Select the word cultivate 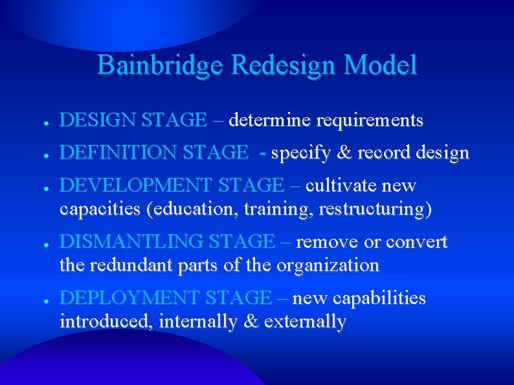[x=341, y=186]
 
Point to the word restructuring [x=372, y=210]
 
